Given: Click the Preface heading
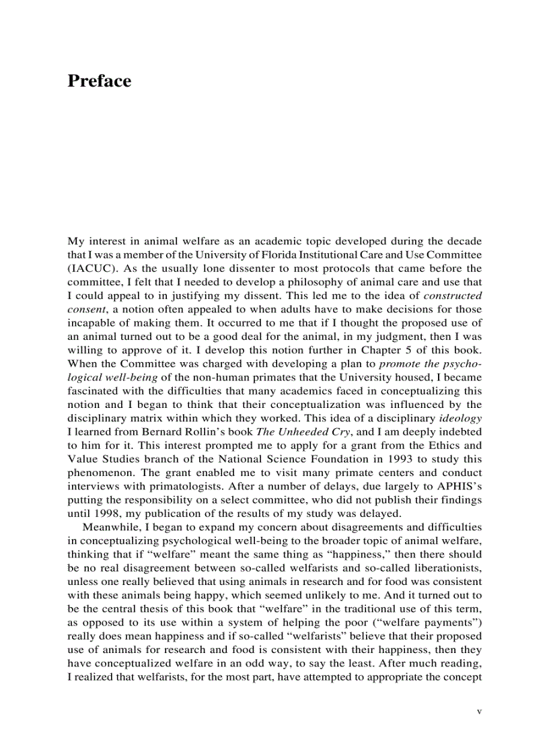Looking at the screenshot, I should click(99, 81).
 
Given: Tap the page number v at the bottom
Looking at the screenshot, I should click(479, 711).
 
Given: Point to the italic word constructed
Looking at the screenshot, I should click(453, 296).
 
